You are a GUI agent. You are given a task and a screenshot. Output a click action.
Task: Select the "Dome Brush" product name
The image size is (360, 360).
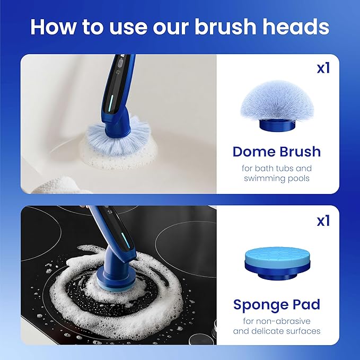click(276, 152)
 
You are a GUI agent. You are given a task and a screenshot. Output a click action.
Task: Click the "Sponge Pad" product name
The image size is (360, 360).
click(276, 305)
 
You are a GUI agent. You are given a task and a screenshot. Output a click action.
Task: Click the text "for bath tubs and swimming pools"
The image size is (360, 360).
click(276, 173)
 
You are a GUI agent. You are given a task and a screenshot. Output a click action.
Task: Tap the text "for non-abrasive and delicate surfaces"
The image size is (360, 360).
click(276, 326)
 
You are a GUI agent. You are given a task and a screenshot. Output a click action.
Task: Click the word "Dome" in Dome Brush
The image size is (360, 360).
click(254, 152)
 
